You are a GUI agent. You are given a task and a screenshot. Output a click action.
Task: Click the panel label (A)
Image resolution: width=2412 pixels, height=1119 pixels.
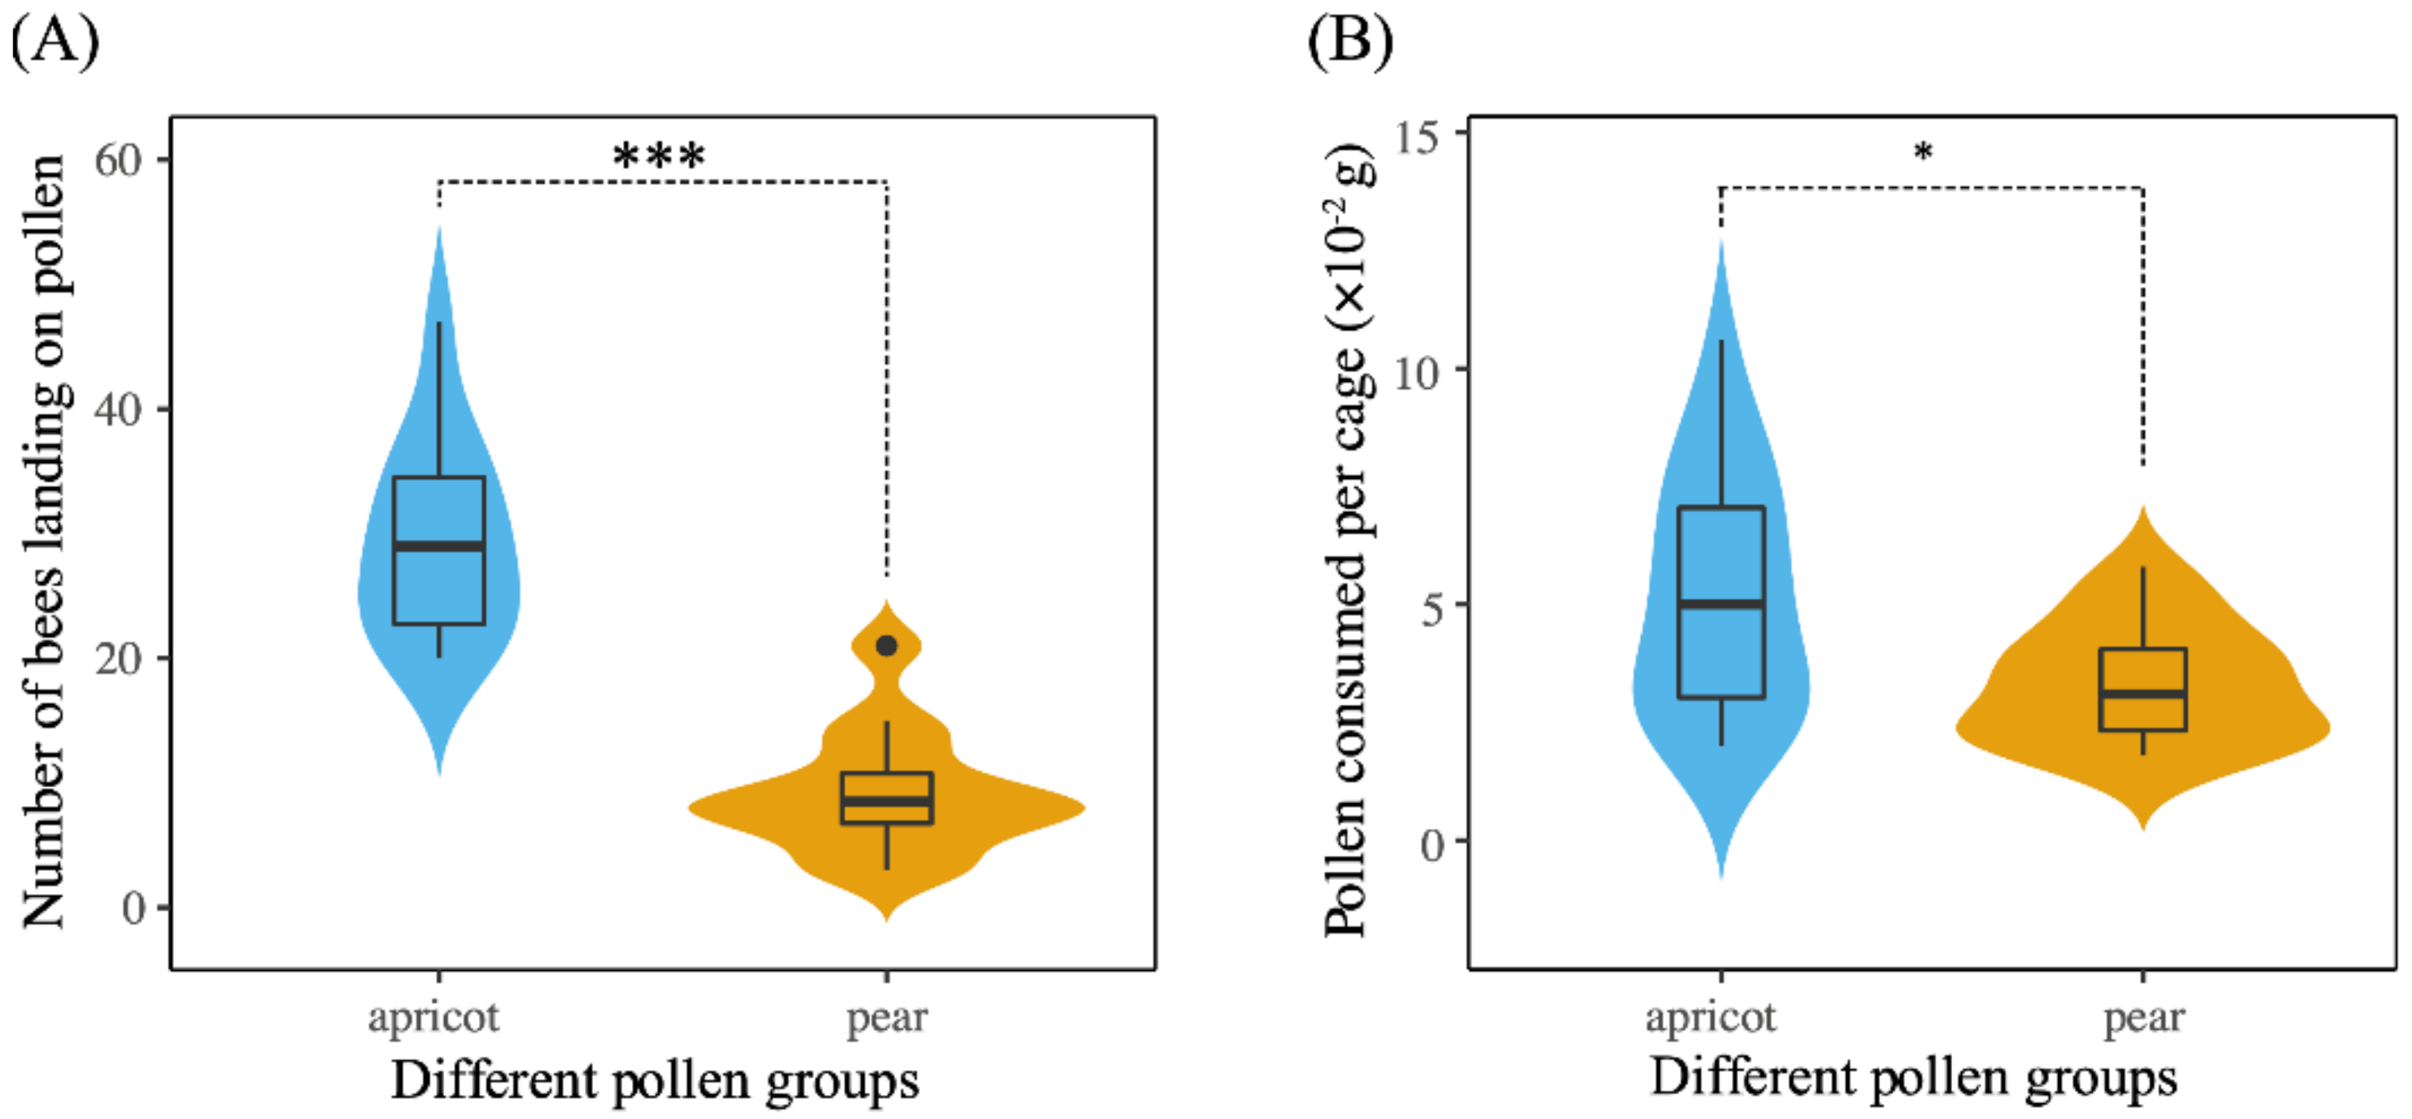pyautogui.click(x=55, y=43)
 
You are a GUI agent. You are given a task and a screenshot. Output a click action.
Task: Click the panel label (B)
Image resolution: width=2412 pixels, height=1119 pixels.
pyautogui.click(x=1349, y=43)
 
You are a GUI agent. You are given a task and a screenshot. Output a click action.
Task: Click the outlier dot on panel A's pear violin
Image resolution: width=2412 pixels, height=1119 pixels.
pyautogui.click(x=886, y=645)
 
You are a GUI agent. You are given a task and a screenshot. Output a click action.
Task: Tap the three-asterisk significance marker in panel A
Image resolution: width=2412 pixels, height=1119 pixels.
pyautogui.click(x=659, y=156)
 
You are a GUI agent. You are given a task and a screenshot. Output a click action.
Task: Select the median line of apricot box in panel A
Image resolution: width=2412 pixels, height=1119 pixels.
pyautogui.click(x=438, y=545)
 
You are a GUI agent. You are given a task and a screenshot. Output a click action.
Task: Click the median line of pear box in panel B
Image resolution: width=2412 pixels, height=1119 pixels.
pyautogui.click(x=2142, y=694)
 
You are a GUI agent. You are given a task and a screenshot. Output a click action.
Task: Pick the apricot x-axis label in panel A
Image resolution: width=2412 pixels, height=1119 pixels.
pyautogui.click(x=433, y=1017)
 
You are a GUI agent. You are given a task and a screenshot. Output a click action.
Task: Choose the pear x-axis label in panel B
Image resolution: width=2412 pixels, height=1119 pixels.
pyautogui.click(x=2143, y=1017)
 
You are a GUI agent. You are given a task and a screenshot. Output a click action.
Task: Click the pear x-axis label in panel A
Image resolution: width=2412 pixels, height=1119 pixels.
pyautogui.click(x=887, y=1017)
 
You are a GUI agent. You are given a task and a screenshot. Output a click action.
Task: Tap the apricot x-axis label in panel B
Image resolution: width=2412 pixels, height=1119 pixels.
pyautogui.click(x=1710, y=1017)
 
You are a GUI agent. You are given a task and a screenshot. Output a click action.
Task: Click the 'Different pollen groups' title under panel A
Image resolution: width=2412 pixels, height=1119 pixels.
pyautogui.click(x=654, y=1081)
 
